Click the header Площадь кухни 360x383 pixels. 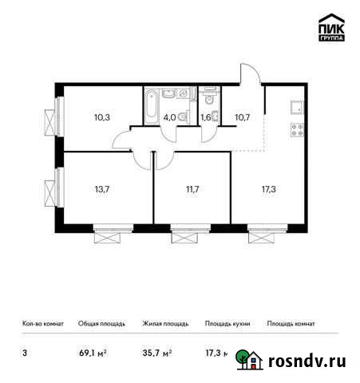[x=227, y=324]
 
